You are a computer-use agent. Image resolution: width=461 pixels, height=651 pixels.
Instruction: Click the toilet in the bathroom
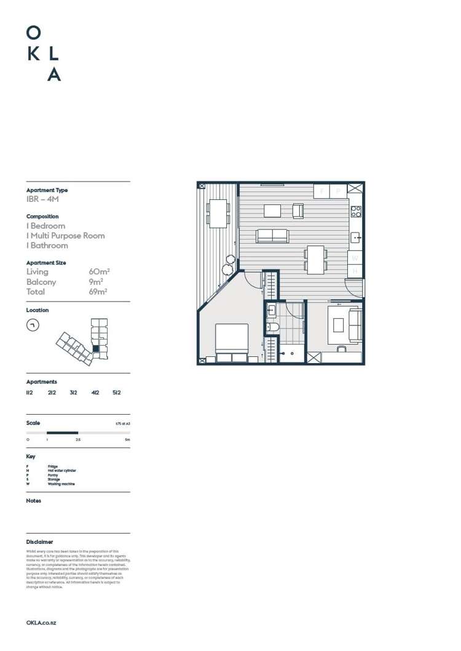[x=272, y=327]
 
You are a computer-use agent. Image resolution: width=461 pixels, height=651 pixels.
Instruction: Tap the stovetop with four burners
[x=356, y=212]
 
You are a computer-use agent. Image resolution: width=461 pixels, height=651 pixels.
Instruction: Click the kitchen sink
[x=356, y=237]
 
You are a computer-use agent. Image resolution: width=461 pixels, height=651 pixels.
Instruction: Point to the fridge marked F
[x=321, y=191]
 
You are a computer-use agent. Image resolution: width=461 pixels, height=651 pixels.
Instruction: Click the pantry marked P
[x=338, y=191]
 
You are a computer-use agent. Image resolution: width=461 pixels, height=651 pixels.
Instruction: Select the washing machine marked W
[x=355, y=258]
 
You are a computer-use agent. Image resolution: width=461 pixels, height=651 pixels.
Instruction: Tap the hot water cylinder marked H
[x=355, y=271]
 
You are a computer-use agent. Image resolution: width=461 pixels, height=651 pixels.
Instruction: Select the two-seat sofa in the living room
[x=272, y=235]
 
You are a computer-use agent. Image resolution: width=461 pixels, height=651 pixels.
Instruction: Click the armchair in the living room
[x=297, y=211]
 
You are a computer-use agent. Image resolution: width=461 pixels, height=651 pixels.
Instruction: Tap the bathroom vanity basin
[x=272, y=311]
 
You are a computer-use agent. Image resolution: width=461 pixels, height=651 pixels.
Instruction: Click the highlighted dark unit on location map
[x=95, y=348]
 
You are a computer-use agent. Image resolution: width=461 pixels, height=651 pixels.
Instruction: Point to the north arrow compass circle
[x=33, y=325]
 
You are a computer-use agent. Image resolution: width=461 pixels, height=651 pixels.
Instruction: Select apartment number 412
[x=95, y=392]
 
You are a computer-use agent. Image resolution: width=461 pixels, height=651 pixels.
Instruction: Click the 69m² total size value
[x=98, y=292]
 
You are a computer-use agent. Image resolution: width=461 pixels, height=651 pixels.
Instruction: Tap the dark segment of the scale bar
[x=62, y=433]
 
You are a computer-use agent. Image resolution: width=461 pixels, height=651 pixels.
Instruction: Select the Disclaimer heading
[x=39, y=542]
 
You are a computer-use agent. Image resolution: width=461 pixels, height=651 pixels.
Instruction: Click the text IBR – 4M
[x=42, y=199]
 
